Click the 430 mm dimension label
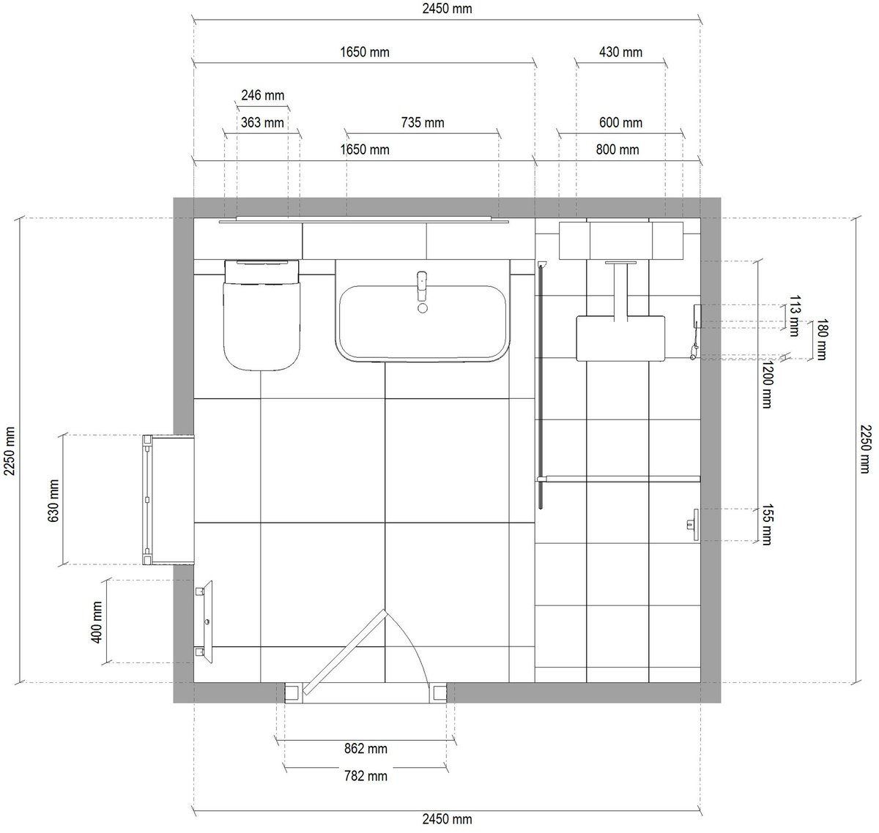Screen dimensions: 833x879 click(620, 52)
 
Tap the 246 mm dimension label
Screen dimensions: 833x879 click(262, 95)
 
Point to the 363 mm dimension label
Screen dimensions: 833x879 click(262, 122)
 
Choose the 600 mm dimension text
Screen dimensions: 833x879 click(620, 122)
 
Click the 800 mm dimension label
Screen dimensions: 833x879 click(617, 150)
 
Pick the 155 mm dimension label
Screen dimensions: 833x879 click(766, 525)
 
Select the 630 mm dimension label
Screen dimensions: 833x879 click(53, 499)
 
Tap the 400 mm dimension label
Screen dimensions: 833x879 click(96, 621)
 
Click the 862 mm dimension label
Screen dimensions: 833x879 click(365, 749)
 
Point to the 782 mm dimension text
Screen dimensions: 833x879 click(365, 775)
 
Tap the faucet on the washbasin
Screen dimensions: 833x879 click(421, 287)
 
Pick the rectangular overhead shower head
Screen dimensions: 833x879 click(620, 337)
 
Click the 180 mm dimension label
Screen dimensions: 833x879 click(820, 339)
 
